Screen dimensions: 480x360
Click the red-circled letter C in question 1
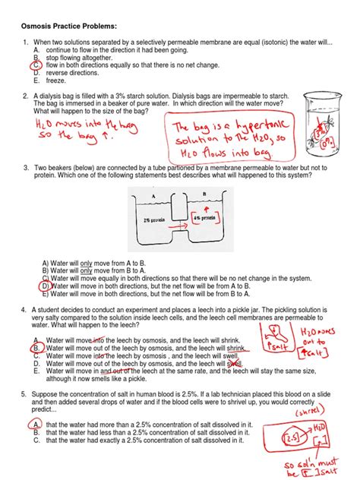click(x=36, y=65)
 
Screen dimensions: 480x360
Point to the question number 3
click(x=25, y=167)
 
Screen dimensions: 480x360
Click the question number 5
click(x=25, y=395)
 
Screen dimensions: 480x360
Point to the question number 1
click(x=25, y=43)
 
